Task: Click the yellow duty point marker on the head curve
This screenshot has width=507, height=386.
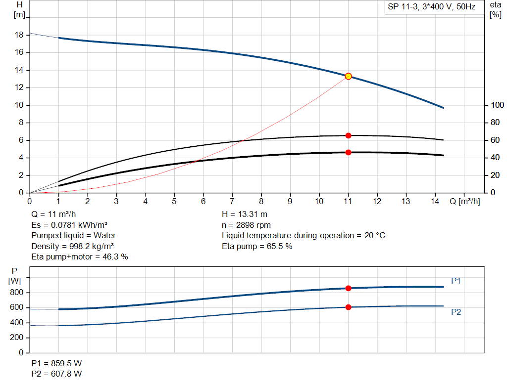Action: pos(348,76)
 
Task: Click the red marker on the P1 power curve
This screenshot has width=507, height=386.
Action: pos(348,288)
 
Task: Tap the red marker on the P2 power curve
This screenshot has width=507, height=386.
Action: pos(348,307)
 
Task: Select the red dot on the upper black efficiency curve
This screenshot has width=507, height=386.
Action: pos(348,135)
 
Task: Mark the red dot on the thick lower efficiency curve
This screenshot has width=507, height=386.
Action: pos(348,152)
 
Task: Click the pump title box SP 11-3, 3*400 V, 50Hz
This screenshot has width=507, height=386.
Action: pos(432,7)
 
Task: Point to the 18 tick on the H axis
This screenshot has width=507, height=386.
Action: pos(20,35)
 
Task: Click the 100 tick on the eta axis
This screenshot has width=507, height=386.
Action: pos(497,105)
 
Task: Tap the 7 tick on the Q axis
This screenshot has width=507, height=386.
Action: pos(232,201)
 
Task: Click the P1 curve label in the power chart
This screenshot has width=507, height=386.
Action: pos(456,281)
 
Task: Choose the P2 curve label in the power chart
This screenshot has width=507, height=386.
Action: pos(456,312)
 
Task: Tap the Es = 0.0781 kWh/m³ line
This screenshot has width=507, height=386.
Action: pos(69,225)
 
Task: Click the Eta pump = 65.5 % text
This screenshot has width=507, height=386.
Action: pos(257,246)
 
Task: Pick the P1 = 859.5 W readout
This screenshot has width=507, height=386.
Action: pos(57,363)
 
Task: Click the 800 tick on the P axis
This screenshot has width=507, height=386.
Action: pos(17,293)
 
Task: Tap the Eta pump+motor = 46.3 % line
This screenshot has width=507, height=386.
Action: pos(80,257)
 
